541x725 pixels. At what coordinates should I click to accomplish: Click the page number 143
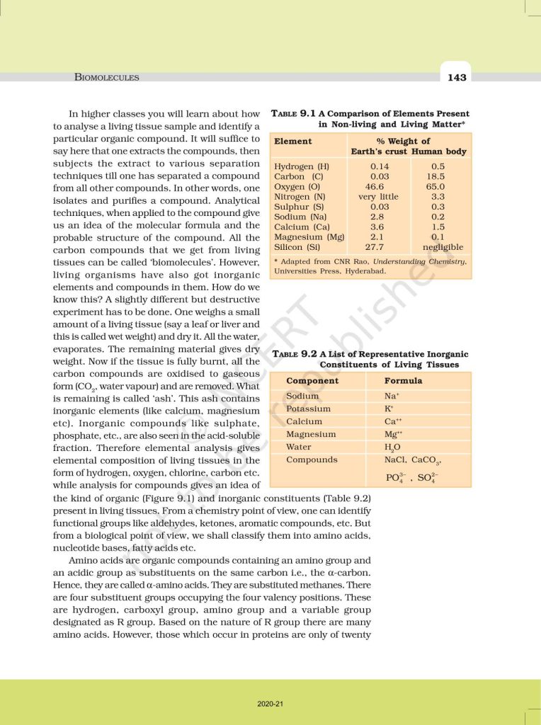[457, 77]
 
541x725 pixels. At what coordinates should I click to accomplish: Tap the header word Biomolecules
[107, 77]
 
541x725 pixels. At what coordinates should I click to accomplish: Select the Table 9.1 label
[294, 113]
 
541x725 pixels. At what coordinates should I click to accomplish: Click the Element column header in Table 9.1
[293, 142]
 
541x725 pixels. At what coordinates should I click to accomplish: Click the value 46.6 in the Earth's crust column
[379, 186]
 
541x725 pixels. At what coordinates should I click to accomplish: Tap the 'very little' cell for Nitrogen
[378, 197]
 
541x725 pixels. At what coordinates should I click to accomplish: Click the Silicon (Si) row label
[297, 247]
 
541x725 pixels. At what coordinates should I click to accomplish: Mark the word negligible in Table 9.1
[443, 247]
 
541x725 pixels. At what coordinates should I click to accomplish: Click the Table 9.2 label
[295, 353]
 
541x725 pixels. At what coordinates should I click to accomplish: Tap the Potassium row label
[308, 409]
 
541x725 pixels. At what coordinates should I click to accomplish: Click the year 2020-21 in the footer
[270, 704]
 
